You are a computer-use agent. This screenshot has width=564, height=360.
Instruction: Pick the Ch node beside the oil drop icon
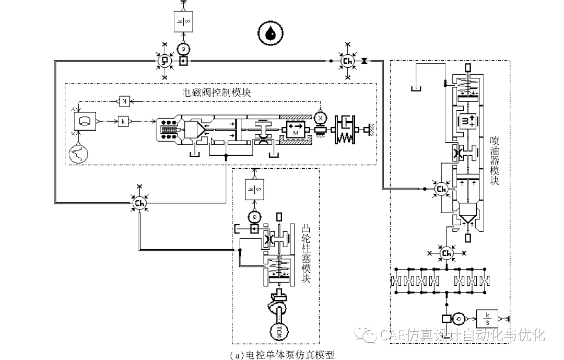point(348,62)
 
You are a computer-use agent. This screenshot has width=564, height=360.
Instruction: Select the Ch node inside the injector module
point(441,189)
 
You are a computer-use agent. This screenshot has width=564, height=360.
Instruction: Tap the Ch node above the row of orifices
point(446,253)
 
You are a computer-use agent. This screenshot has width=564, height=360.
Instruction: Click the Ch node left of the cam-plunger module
point(139,202)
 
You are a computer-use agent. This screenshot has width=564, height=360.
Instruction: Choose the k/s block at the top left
point(183,20)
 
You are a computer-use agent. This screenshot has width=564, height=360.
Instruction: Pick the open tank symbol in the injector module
point(417,86)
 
